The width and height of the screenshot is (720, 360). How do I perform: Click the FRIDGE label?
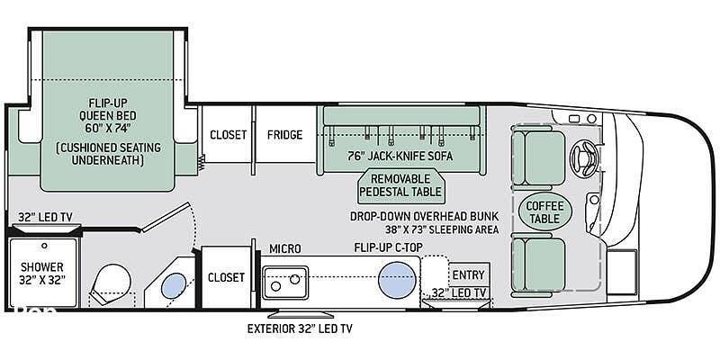coord(284,134)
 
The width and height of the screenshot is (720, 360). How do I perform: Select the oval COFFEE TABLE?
coord(544,211)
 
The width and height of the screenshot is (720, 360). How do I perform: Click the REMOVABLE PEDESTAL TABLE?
coord(400,185)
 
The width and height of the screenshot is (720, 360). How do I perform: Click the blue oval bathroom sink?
coord(174,285)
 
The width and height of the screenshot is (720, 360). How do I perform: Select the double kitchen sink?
coord(285,283)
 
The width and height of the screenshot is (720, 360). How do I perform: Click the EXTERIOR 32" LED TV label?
coord(300,328)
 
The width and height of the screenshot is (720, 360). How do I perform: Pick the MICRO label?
coord(285,249)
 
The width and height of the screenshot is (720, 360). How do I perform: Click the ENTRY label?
coord(468,275)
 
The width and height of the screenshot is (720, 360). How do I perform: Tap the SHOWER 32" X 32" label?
coord(41,273)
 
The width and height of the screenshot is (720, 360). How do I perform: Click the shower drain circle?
coord(44,246)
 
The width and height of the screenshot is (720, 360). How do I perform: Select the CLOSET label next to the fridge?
coord(229,134)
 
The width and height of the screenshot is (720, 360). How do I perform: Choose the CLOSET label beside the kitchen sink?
coord(226,277)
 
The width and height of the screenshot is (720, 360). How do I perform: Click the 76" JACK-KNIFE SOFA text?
coord(400,156)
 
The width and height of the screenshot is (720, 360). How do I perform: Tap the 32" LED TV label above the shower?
coord(45,217)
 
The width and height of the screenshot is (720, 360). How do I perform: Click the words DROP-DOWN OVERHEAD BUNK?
coord(424,216)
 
